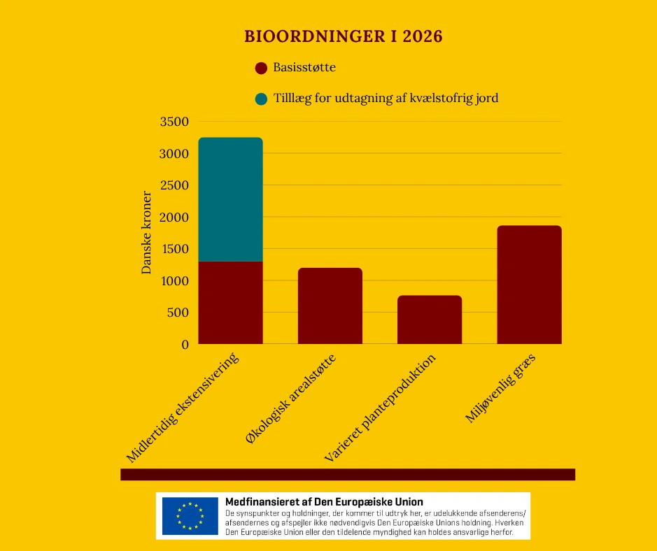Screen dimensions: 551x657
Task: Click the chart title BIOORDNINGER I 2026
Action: (343, 36)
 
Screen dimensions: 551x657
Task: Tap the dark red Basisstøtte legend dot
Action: (262, 69)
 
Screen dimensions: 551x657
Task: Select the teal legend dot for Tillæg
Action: (262, 99)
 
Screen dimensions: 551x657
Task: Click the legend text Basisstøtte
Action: (304, 68)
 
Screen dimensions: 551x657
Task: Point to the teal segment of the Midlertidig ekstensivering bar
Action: (231, 199)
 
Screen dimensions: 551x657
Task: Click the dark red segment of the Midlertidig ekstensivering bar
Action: (231, 302)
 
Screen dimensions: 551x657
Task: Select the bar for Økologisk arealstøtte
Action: (330, 306)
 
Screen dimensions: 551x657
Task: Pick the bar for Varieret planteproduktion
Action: (430, 320)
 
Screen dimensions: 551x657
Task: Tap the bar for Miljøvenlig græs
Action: (529, 285)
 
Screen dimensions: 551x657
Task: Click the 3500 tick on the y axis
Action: (175, 122)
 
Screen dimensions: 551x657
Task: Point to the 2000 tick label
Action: (175, 217)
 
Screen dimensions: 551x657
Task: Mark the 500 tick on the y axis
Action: (178, 313)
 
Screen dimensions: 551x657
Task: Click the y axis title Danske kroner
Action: (147, 232)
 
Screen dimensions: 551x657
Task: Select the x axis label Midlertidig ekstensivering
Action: (183, 408)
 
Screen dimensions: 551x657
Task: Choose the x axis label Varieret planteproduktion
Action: (381, 408)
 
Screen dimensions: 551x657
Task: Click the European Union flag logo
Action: (190, 516)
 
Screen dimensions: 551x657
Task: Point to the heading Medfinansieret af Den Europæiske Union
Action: (324, 502)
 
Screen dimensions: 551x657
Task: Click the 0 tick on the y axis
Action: (185, 345)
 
